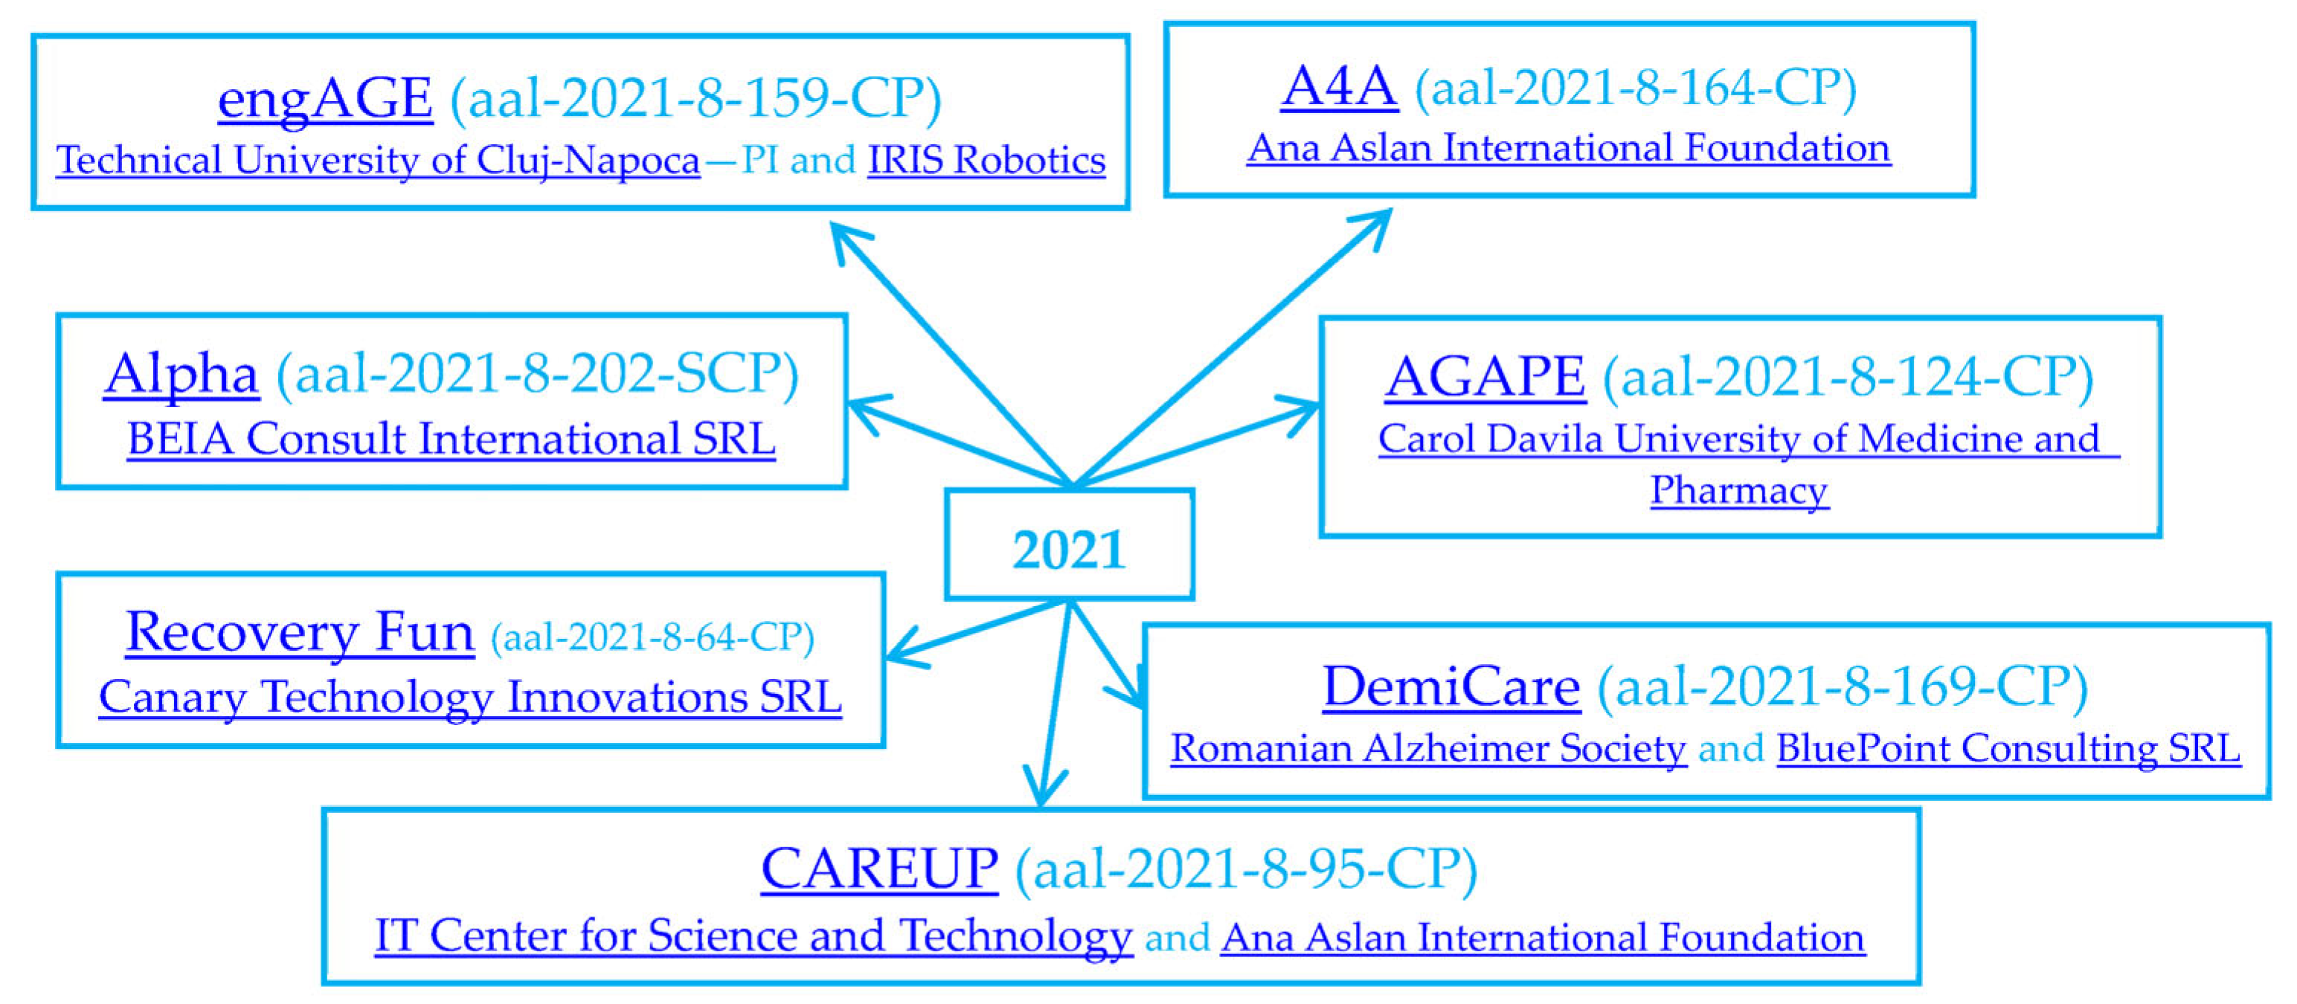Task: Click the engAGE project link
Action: (x=326, y=98)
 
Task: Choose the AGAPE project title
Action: (x=1485, y=376)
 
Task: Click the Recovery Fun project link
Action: (x=300, y=632)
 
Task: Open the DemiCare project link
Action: (x=1451, y=686)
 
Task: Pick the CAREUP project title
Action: (x=879, y=869)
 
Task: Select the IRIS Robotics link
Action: (x=986, y=161)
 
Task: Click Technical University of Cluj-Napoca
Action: (x=378, y=161)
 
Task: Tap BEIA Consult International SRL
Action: (x=452, y=439)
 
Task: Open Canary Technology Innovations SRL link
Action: (x=470, y=698)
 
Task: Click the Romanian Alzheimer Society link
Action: (x=1428, y=748)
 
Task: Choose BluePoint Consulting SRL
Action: (x=2008, y=748)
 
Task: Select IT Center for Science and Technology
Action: (x=754, y=936)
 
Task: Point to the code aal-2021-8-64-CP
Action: (x=652, y=637)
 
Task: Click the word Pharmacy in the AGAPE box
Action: (x=1739, y=490)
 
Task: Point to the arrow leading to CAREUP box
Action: (x=1055, y=704)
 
